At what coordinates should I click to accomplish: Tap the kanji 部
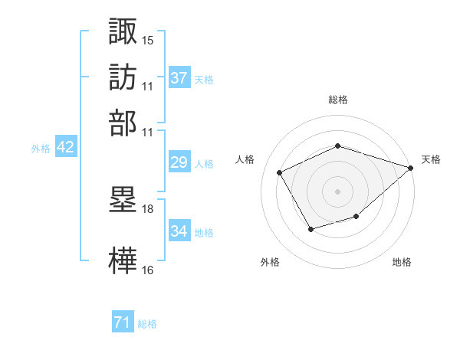(x=123, y=123)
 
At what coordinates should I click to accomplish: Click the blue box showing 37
(x=179, y=78)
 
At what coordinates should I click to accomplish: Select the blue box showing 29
(x=179, y=162)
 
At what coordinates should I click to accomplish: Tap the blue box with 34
(x=179, y=231)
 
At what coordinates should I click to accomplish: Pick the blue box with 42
(x=65, y=147)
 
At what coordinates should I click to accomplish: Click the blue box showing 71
(x=123, y=322)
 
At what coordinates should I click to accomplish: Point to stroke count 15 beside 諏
(x=147, y=38)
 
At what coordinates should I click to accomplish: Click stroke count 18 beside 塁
(x=147, y=208)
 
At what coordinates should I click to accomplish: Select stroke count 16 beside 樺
(x=147, y=269)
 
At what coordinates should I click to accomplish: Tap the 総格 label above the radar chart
(x=338, y=99)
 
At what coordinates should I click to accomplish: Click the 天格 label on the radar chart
(x=431, y=159)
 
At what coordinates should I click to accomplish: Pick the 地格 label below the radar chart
(x=402, y=262)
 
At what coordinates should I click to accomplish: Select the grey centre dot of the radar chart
(x=338, y=191)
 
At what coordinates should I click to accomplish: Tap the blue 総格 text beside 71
(x=147, y=324)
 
